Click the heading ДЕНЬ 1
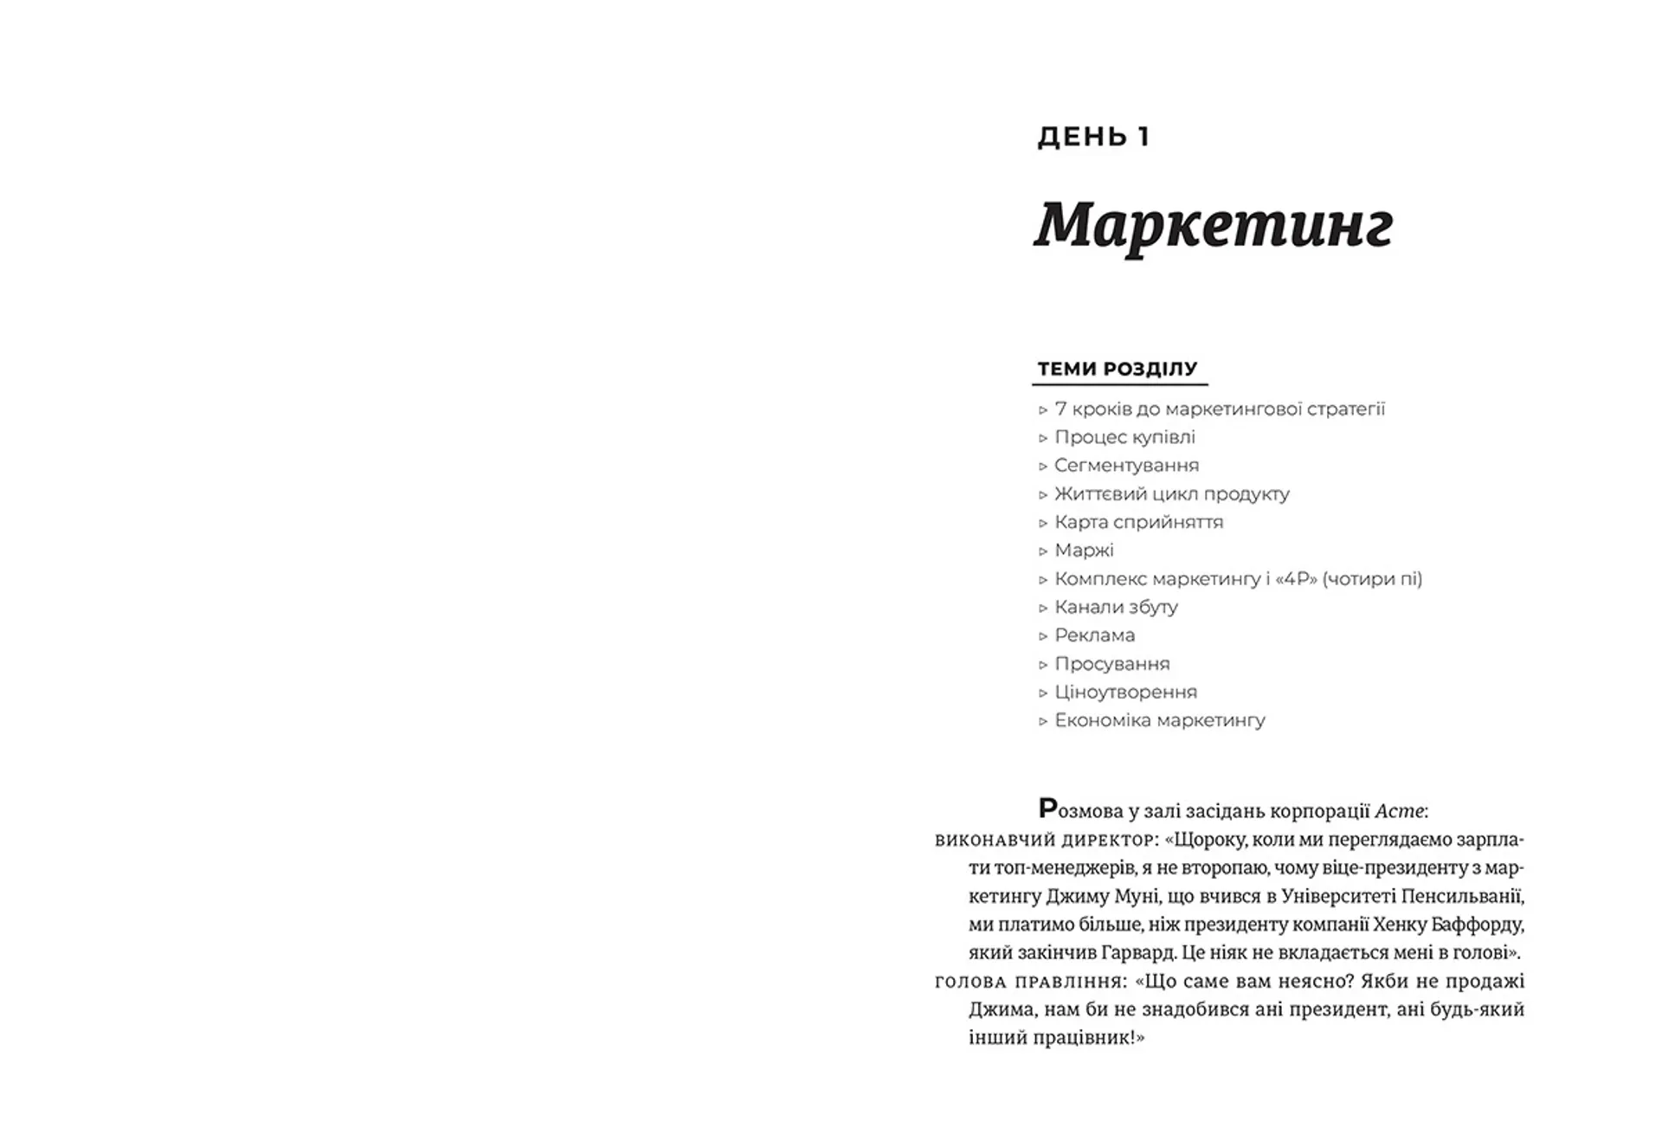1093,137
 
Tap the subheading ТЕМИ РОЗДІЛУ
1118,369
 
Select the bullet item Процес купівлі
1124,437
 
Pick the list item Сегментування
1126,466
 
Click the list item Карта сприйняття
1138,522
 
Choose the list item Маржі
1084,551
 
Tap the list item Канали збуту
1116,607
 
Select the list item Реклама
1094,635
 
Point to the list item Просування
1111,664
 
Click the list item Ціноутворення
1125,693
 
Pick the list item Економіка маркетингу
1159,720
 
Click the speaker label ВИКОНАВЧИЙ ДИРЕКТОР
1045,841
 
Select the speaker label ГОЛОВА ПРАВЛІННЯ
1030,983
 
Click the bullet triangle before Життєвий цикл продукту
1043,495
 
